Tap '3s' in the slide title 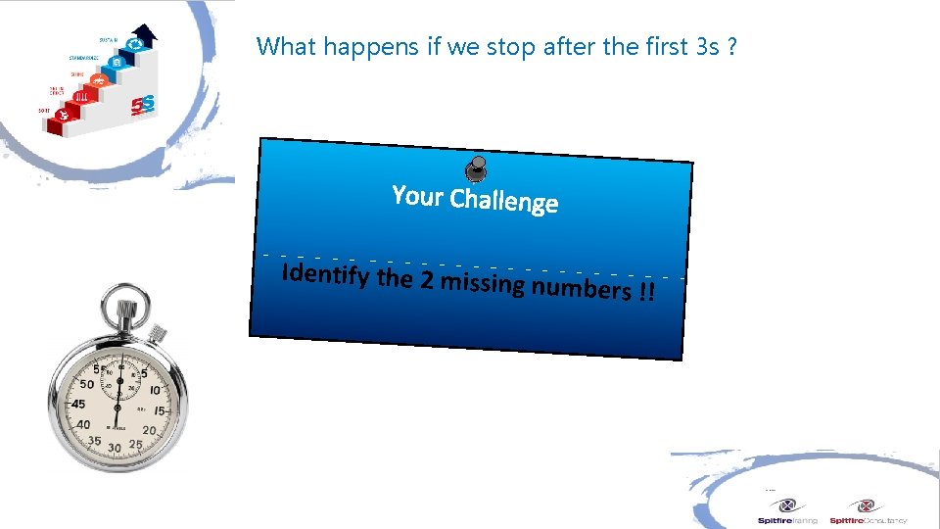pos(708,46)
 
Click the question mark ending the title pos(733,46)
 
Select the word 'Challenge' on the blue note pos(503,201)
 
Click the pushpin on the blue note pos(476,169)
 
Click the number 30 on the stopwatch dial pos(115,447)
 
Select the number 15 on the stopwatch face pos(159,410)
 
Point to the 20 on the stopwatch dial pos(149,430)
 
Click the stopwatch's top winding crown pos(126,313)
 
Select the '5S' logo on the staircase pos(147,102)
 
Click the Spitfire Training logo pos(787,511)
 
